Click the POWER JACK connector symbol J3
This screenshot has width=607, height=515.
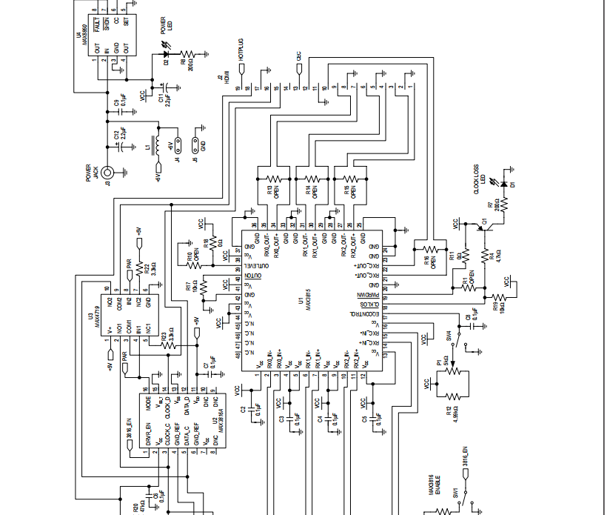tap(108, 173)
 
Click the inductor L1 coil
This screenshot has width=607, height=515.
tap(157, 145)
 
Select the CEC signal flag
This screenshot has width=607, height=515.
tap(298, 69)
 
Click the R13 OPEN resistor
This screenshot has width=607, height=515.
tap(275, 179)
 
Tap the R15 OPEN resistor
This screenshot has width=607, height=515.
tap(352, 179)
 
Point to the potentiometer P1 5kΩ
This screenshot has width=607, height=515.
tap(453, 370)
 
